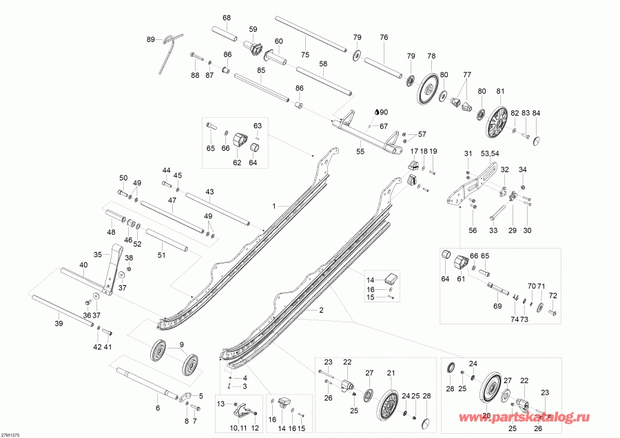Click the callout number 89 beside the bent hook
pyautogui.click(x=151, y=40)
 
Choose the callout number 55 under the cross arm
pyautogui.click(x=360, y=150)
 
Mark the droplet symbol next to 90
pyautogui.click(x=376, y=112)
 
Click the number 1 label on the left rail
pyautogui.click(x=273, y=206)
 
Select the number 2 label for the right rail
pyautogui.click(x=320, y=311)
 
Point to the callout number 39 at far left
pyautogui.click(x=58, y=323)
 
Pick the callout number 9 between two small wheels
pyautogui.click(x=182, y=344)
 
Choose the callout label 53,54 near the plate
pyautogui.click(x=490, y=153)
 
